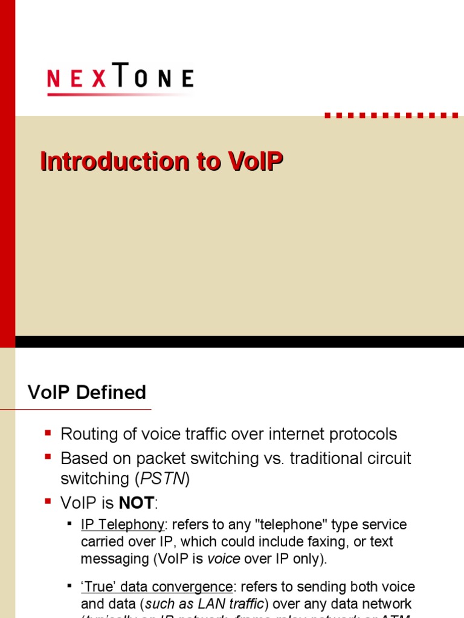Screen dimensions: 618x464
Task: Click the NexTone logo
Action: coord(120,79)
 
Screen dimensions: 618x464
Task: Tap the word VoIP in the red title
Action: coord(256,162)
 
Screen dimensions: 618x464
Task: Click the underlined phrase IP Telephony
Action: coord(122,524)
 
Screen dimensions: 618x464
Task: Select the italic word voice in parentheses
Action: coord(224,558)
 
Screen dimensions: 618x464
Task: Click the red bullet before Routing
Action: coord(48,433)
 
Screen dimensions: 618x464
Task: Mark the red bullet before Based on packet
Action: coord(48,457)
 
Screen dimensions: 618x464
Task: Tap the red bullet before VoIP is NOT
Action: coord(48,501)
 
